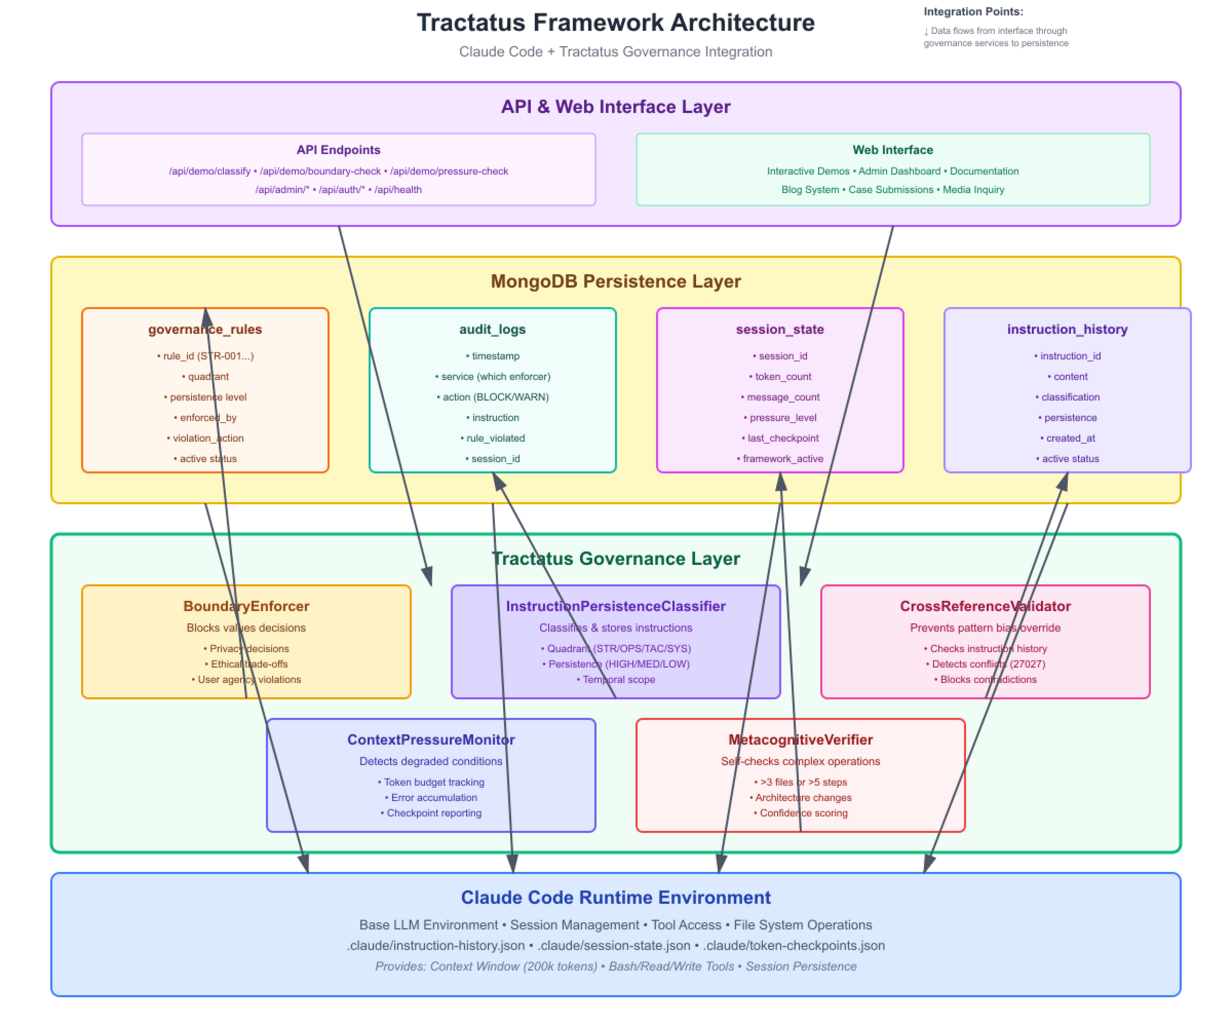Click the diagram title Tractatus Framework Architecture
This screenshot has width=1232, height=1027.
click(x=615, y=23)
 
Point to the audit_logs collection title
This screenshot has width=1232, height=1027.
click(x=492, y=329)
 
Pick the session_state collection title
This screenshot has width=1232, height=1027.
click(x=780, y=329)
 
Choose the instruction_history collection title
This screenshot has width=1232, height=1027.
click(x=1067, y=329)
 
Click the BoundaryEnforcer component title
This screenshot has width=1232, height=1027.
click(x=246, y=606)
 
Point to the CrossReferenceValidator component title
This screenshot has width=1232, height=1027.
click(x=985, y=606)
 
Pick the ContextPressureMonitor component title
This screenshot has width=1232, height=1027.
click(x=431, y=739)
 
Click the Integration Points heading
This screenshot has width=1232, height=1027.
click(x=973, y=12)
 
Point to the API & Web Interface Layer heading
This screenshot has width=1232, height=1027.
click(x=615, y=107)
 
